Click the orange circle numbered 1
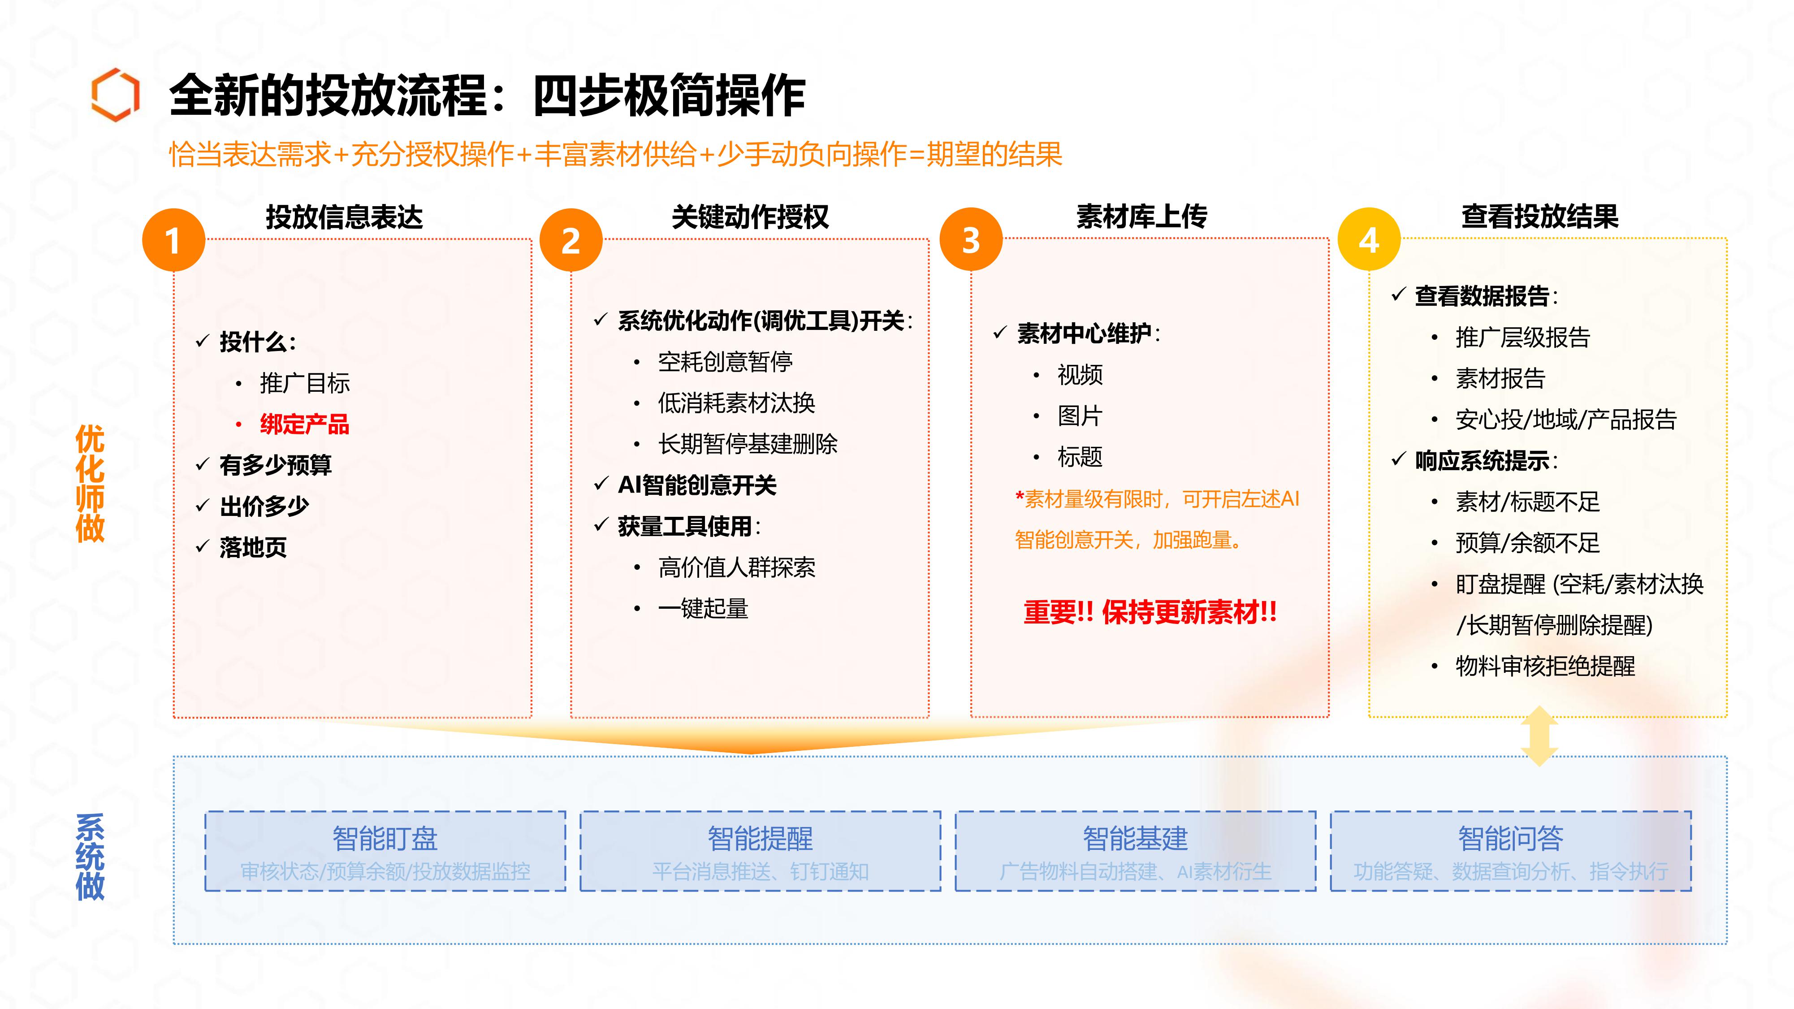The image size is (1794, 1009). (x=173, y=240)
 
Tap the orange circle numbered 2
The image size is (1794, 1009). (x=571, y=240)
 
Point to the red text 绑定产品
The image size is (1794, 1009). (x=304, y=424)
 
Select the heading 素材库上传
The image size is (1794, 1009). (x=1142, y=217)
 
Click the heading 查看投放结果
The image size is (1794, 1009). (x=1540, y=217)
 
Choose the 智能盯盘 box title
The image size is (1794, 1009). (x=385, y=838)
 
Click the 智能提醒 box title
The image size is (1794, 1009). (x=761, y=838)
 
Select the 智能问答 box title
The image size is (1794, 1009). (x=1511, y=838)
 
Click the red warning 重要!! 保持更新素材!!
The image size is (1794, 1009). (x=1150, y=612)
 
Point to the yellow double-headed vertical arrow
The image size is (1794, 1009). (x=1539, y=736)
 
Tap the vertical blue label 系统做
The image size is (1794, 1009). (x=90, y=857)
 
